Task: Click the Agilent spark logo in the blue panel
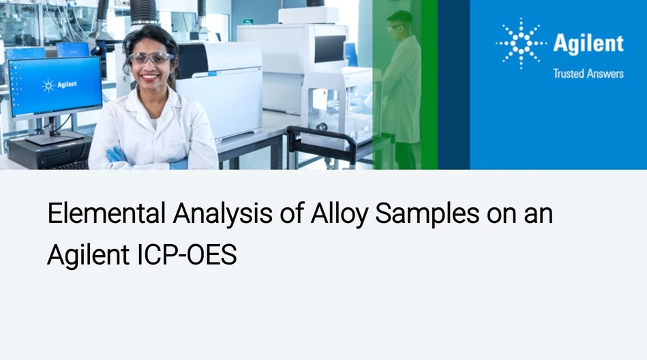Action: click(520, 44)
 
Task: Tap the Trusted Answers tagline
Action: click(588, 74)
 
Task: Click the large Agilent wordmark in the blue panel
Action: click(588, 44)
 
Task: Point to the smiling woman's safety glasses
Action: click(151, 58)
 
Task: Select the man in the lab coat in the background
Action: click(402, 82)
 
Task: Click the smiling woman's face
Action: click(151, 65)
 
